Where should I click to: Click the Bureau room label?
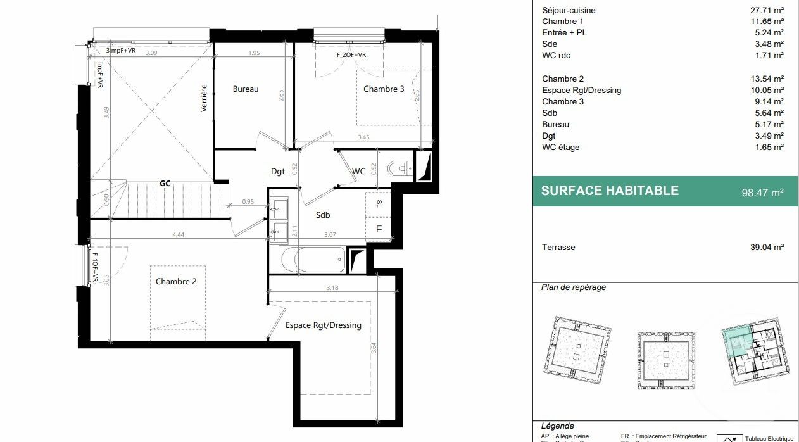pos(246,89)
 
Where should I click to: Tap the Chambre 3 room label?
pos(384,89)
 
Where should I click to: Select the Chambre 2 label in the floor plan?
pos(176,281)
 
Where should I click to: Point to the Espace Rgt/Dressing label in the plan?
pos(323,325)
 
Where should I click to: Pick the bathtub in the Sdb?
pos(312,259)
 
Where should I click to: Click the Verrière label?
pos(204,98)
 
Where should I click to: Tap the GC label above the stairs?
pos(165,184)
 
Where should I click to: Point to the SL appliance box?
pos(379,204)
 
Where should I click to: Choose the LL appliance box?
pos(379,228)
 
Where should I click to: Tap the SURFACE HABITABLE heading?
pos(610,191)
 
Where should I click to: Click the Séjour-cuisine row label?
pos(569,10)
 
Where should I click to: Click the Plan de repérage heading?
pos(574,287)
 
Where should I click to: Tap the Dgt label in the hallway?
pos(278,170)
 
